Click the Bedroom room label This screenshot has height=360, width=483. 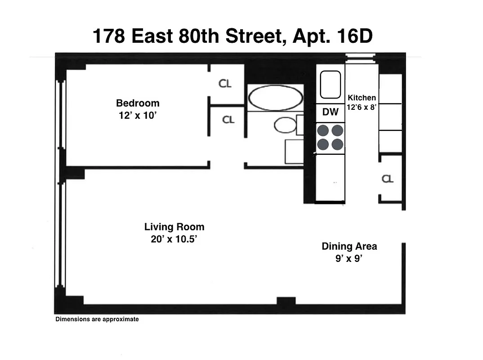[138, 103]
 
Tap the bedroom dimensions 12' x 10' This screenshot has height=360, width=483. [138, 116]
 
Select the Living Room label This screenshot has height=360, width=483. [174, 227]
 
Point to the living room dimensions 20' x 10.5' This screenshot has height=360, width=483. [174, 239]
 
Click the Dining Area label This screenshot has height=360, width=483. [349, 246]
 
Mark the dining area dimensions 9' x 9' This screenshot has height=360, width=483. [349, 259]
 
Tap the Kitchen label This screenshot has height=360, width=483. [362, 98]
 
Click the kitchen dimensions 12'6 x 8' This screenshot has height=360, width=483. [362, 108]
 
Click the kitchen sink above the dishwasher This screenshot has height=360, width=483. [330, 85]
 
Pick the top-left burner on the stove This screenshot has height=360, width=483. [323, 130]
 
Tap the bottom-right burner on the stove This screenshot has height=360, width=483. [337, 144]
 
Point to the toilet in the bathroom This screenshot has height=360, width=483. [286, 125]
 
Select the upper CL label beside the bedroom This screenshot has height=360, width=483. [225, 84]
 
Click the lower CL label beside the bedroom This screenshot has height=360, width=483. [228, 120]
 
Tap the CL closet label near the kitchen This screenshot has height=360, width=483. [388, 179]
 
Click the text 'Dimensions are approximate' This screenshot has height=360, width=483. [97, 319]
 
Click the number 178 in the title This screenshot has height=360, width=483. [108, 36]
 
